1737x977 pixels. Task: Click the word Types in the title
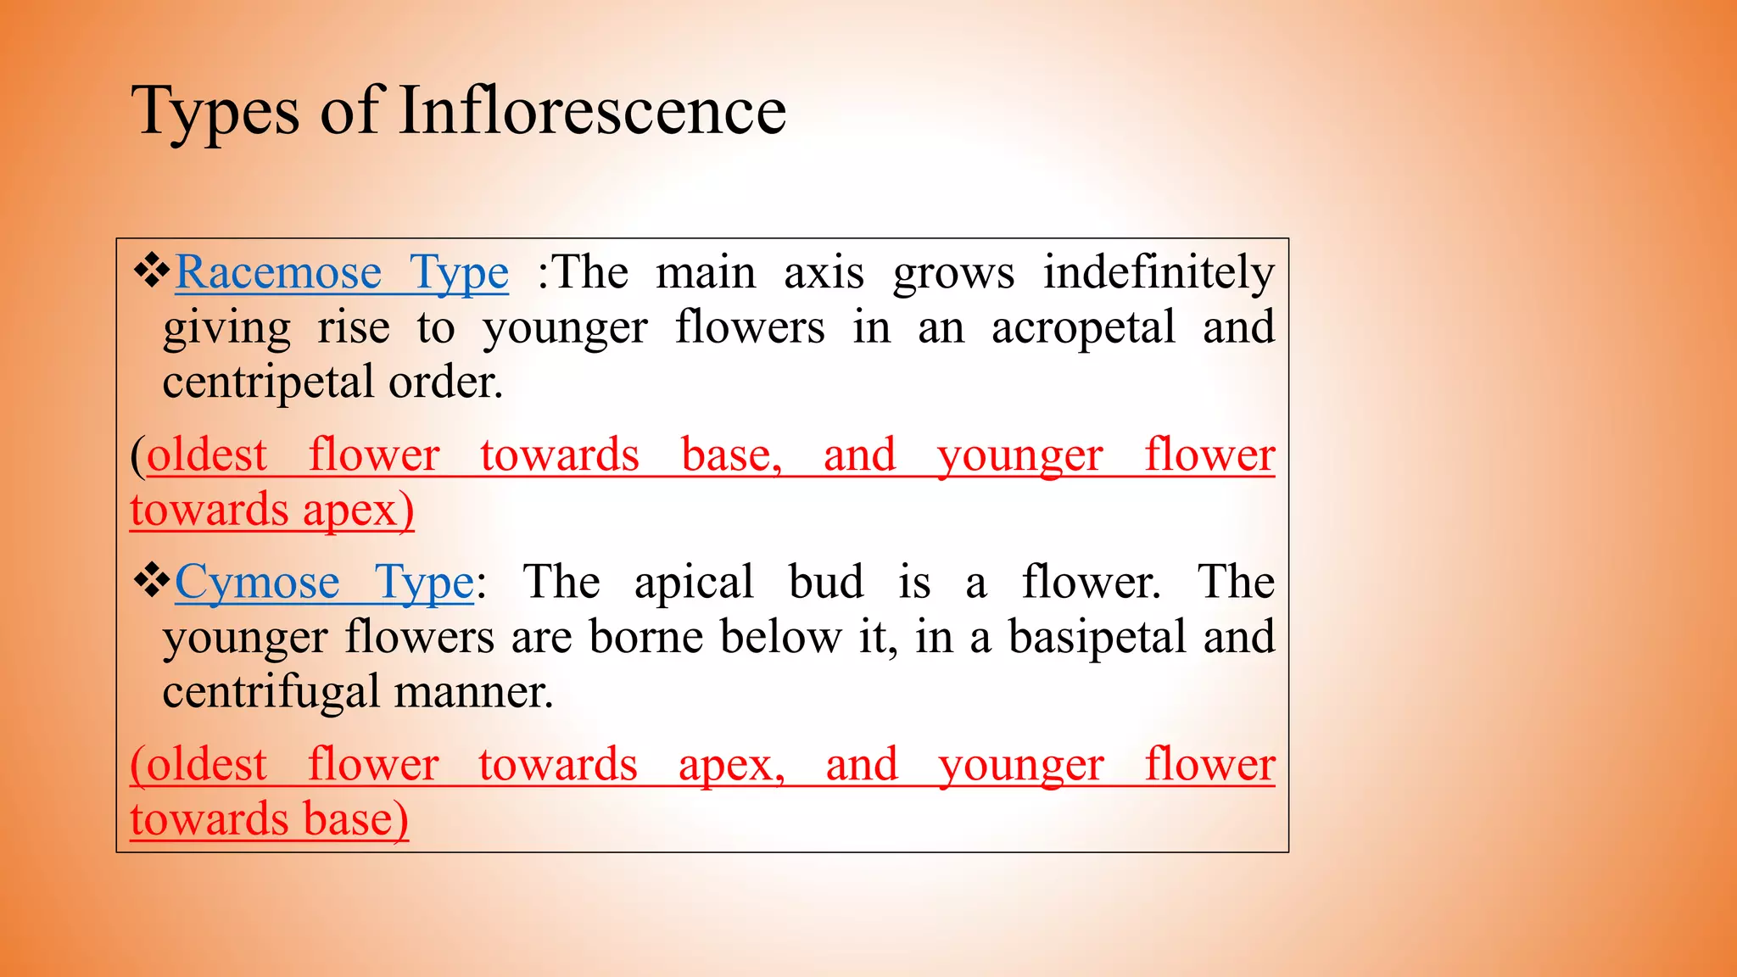[x=215, y=112]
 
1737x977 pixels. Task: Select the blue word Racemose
[x=278, y=272]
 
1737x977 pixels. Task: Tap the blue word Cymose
[x=257, y=582]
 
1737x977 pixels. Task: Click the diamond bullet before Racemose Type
[x=152, y=271]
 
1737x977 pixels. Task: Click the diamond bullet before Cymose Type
[x=152, y=581]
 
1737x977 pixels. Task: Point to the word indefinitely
[x=1159, y=272]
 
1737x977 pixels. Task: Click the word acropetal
[x=1083, y=328]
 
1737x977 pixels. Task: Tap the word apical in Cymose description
[x=694, y=583]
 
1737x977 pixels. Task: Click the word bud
[x=826, y=582]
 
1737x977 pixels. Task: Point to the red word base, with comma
[x=731, y=455]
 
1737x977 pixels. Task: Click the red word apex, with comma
[x=731, y=765]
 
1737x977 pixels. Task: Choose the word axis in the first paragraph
[x=824, y=273]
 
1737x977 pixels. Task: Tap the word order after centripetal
[x=445, y=382]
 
